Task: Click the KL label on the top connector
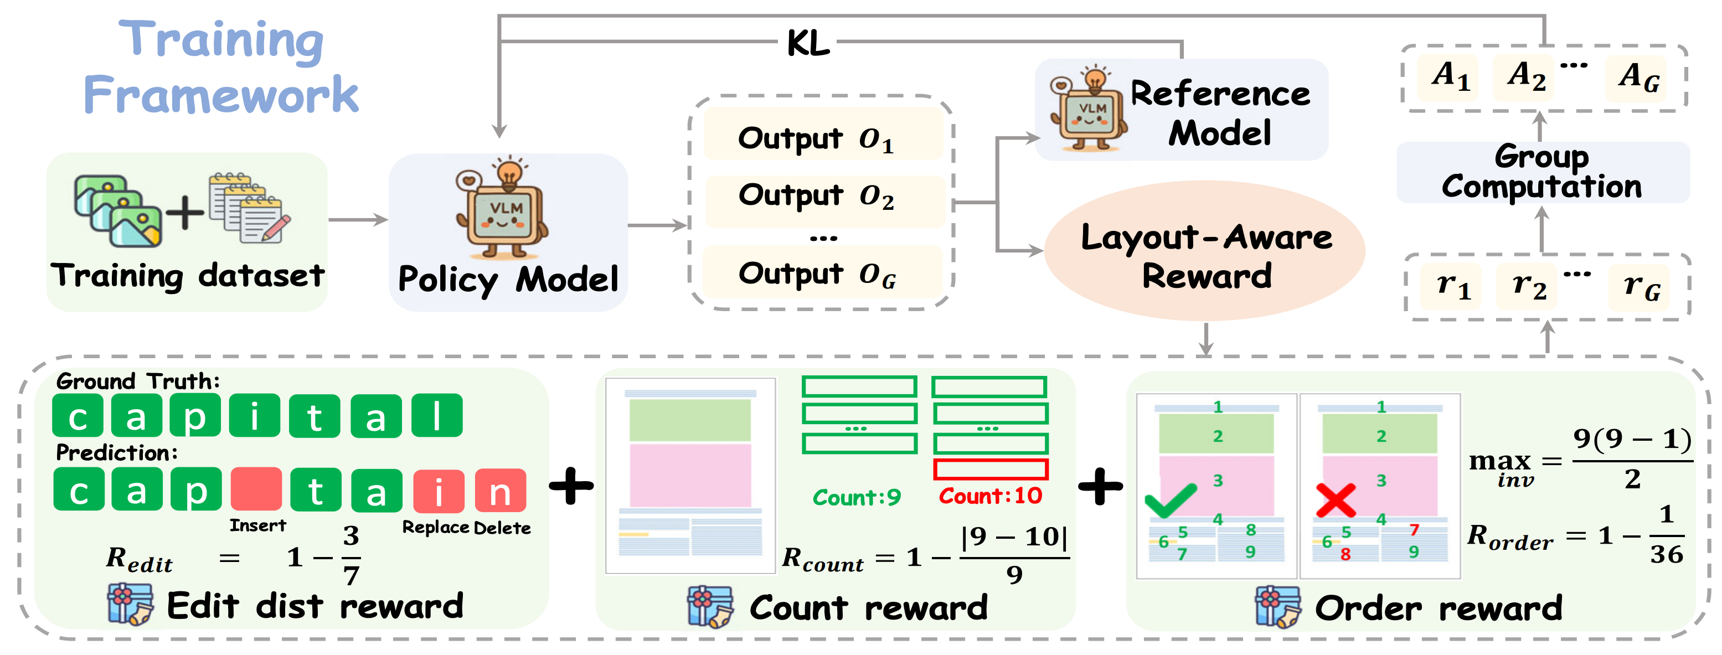pos(808,43)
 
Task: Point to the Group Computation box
pos(1542,172)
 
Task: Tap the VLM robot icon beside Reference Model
pos(1090,111)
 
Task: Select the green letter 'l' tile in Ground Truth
pos(436,416)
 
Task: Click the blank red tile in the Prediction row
pos(256,489)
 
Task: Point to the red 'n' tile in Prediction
pos(500,491)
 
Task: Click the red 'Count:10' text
pos(990,496)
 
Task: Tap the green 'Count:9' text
pos(857,497)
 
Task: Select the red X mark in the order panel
pos(1335,501)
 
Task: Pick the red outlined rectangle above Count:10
pos(990,469)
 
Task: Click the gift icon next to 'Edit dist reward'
pos(130,605)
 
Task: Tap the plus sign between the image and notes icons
pos(184,213)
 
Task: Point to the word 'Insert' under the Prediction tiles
pos(257,526)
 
